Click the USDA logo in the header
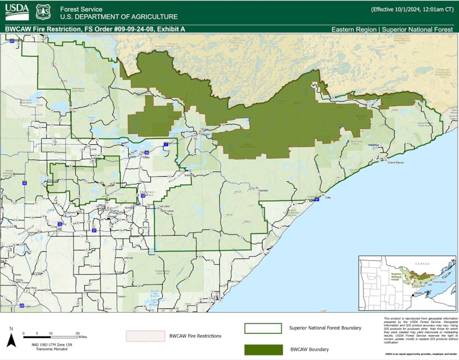pyautogui.click(x=16, y=12)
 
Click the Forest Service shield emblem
pyautogui.click(x=43, y=12)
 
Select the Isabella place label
pyautogui.click(x=263, y=190)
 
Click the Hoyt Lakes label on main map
pyautogui.click(x=167, y=211)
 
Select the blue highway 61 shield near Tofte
pyautogui.click(x=317, y=200)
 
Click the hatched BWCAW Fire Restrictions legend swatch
pyautogui.click(x=145, y=336)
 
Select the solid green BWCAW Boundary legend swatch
pyautogui.click(x=263, y=349)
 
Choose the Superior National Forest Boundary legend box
pyautogui.click(x=263, y=328)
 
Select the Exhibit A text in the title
pyautogui.click(x=171, y=29)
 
